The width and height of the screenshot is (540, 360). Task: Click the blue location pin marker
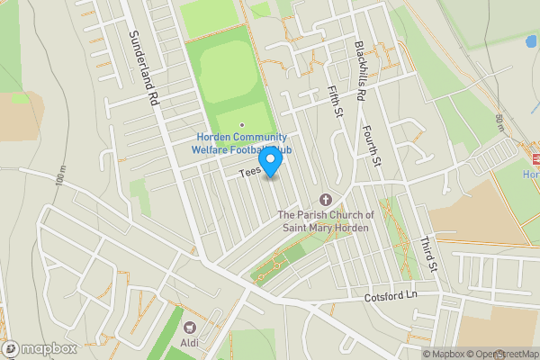pyautogui.click(x=270, y=160)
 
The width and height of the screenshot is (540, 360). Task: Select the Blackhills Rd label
pyautogui.click(x=359, y=70)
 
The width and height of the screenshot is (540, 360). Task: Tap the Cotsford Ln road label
pyautogui.click(x=391, y=296)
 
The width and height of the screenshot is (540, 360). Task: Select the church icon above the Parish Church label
pyautogui.click(x=325, y=199)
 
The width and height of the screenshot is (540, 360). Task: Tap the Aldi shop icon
pyautogui.click(x=190, y=328)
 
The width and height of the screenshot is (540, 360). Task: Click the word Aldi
pyautogui.click(x=190, y=344)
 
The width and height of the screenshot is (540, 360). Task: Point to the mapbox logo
pyautogui.click(x=40, y=348)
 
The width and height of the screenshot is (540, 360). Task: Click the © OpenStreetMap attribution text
pyautogui.click(x=501, y=354)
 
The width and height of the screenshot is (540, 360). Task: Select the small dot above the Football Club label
pyautogui.click(x=241, y=125)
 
